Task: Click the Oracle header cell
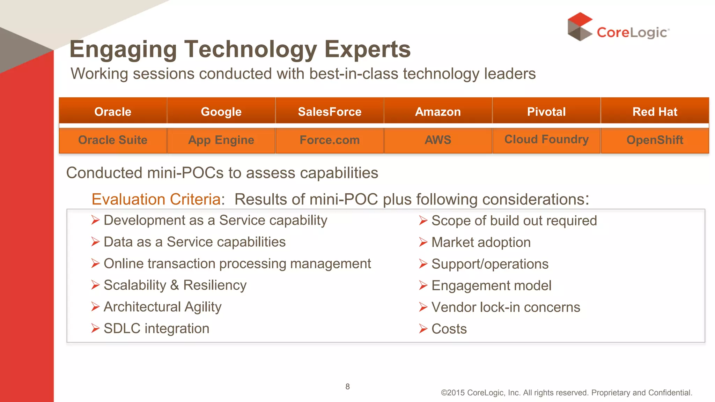point(113,112)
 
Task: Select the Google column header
point(221,112)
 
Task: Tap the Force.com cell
point(330,140)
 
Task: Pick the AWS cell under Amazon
point(438,140)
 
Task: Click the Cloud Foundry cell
point(546,140)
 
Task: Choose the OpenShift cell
point(655,140)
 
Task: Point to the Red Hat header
point(655,112)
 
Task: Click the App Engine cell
point(221,140)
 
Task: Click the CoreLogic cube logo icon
point(580,27)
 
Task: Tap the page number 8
point(347,387)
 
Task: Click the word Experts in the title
point(367,50)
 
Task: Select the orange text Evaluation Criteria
point(156,200)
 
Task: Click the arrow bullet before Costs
point(423,329)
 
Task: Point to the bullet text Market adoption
point(481,243)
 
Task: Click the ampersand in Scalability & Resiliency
point(175,285)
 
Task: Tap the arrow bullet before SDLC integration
point(95,328)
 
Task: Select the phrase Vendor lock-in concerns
point(506,307)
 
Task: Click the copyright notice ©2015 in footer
point(452,393)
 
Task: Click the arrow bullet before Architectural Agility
point(95,307)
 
